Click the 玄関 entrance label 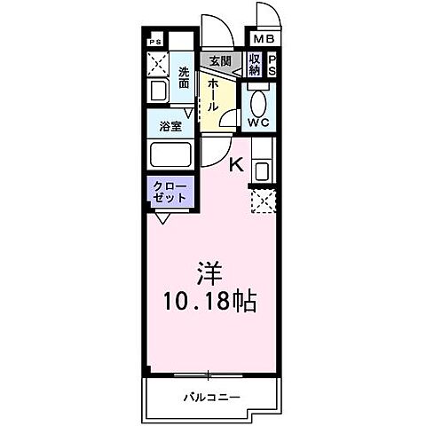(220, 61)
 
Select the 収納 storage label (255, 65)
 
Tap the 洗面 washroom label (184, 77)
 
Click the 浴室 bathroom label (170, 125)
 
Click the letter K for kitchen (237, 162)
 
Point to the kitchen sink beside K (263, 169)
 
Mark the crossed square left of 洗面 (157, 64)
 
